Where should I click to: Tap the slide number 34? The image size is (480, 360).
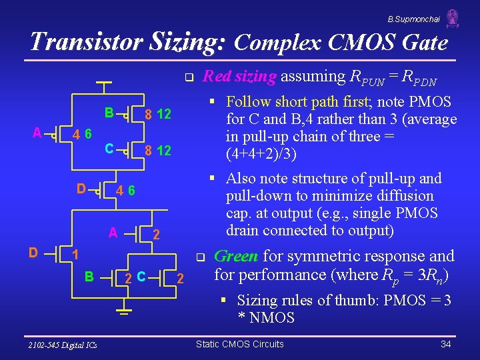[x=446, y=344]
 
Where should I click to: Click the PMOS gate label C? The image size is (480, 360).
[x=108, y=147]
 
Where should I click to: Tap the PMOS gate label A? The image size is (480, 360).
[x=37, y=131]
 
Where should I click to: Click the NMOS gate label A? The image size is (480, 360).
[x=113, y=233]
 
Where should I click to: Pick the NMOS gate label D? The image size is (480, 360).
[x=33, y=252]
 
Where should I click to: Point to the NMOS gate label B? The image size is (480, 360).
[x=88, y=275]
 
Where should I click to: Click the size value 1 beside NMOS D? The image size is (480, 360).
[x=76, y=255]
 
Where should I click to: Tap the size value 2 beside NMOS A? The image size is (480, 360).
[x=156, y=235]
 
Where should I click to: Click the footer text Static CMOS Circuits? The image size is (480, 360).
[x=239, y=344]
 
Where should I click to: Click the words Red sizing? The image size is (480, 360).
[x=239, y=77]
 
